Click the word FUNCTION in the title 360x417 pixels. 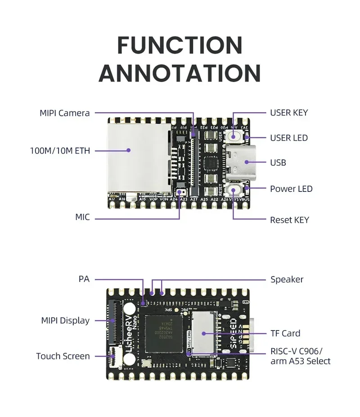click(180, 45)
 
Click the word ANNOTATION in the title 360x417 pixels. click(180, 73)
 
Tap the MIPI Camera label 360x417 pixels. click(64, 113)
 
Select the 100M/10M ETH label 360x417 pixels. click(60, 151)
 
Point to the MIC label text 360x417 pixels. click(82, 218)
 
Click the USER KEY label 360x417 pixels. click(289, 113)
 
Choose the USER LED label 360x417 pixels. click(289, 138)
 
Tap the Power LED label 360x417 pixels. click(291, 189)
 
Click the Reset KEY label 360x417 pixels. click(289, 220)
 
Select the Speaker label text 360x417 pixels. click(287, 280)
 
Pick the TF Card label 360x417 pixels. click(285, 333)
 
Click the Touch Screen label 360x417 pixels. click(63, 356)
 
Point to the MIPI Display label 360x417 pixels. click(65, 321)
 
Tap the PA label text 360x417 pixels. click(84, 280)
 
